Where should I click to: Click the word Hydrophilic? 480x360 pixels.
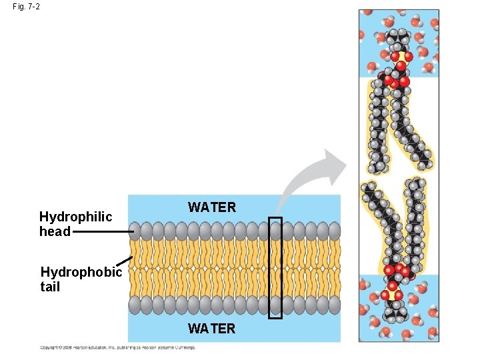(x=75, y=217)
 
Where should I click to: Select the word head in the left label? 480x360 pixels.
(x=55, y=231)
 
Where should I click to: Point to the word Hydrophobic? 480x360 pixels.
(x=81, y=272)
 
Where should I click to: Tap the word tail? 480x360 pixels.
(x=50, y=287)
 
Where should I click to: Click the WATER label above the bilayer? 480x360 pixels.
(x=212, y=207)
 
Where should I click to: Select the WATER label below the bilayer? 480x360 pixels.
(x=212, y=328)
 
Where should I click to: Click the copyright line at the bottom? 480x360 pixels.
(x=118, y=347)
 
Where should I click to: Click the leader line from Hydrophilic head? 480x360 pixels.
(x=103, y=231)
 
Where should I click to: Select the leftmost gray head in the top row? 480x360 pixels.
(x=135, y=231)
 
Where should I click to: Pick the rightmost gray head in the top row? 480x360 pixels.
(x=334, y=231)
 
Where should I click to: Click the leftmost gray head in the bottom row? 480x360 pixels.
(x=135, y=305)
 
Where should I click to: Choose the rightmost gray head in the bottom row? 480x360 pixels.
(x=334, y=305)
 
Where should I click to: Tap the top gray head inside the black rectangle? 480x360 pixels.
(x=275, y=231)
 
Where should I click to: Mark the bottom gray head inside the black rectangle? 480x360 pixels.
(x=275, y=305)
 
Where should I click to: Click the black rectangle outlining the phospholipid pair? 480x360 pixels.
(x=269, y=267)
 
